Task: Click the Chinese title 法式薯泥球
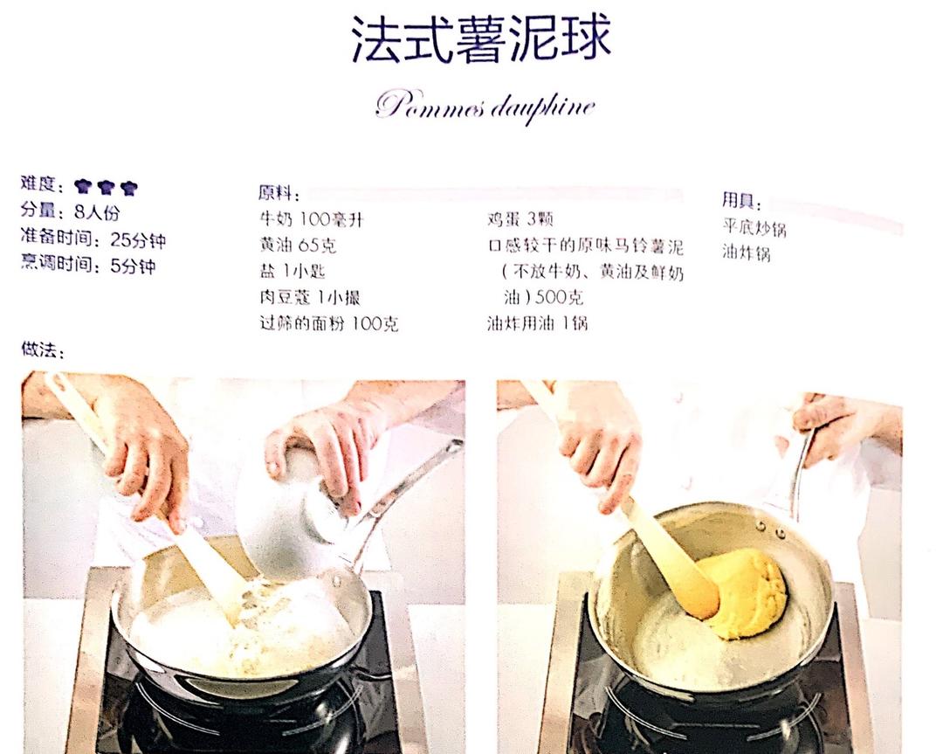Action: coord(480,38)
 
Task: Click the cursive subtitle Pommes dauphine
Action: coord(485,107)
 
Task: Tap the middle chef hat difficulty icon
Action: coord(106,187)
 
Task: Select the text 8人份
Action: coord(97,211)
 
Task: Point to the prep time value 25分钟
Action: coord(138,240)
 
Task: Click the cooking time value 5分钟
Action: coord(133,266)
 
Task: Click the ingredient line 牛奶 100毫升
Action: coord(311,219)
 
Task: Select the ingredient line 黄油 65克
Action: coord(298,245)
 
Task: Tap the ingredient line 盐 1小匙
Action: coord(293,272)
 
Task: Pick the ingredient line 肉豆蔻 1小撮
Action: coord(310,297)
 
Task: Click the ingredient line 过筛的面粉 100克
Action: coord(329,324)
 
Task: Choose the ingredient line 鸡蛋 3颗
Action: coord(520,219)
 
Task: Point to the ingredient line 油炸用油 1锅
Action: coord(537,324)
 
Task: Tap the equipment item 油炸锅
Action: coord(747,252)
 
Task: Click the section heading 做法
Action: coord(42,349)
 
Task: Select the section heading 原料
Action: coord(279,192)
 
